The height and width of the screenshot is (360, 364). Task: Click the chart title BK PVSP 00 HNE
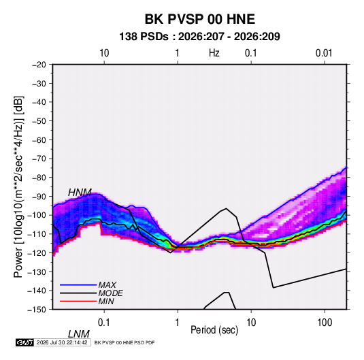[x=200, y=19]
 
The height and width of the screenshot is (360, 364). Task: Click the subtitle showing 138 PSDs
[x=199, y=37]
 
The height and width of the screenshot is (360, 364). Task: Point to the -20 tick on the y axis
[x=39, y=65]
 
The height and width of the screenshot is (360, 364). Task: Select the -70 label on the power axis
[x=39, y=159]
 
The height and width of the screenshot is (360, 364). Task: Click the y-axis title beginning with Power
[x=18, y=187]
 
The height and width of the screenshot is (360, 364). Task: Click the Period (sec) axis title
[x=214, y=330]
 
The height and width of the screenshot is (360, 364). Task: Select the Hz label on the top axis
[x=214, y=53]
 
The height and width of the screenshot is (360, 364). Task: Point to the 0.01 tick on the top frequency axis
[x=324, y=53]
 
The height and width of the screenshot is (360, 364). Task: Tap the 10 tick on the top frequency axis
[x=104, y=53]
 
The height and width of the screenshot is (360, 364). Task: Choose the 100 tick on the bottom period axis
[x=325, y=323]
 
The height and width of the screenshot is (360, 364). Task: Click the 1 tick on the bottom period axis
[x=178, y=323]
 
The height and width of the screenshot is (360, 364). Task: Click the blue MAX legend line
[x=78, y=285]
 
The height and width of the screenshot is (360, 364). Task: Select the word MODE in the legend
[x=110, y=293]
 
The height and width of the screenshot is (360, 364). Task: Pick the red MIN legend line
[x=78, y=301]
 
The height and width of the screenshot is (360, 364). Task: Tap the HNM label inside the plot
[x=80, y=193]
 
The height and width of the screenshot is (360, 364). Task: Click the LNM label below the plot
[x=79, y=334]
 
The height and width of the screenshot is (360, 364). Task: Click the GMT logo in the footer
[x=24, y=342]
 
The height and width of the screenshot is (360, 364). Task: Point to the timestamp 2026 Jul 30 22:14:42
[x=62, y=342]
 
